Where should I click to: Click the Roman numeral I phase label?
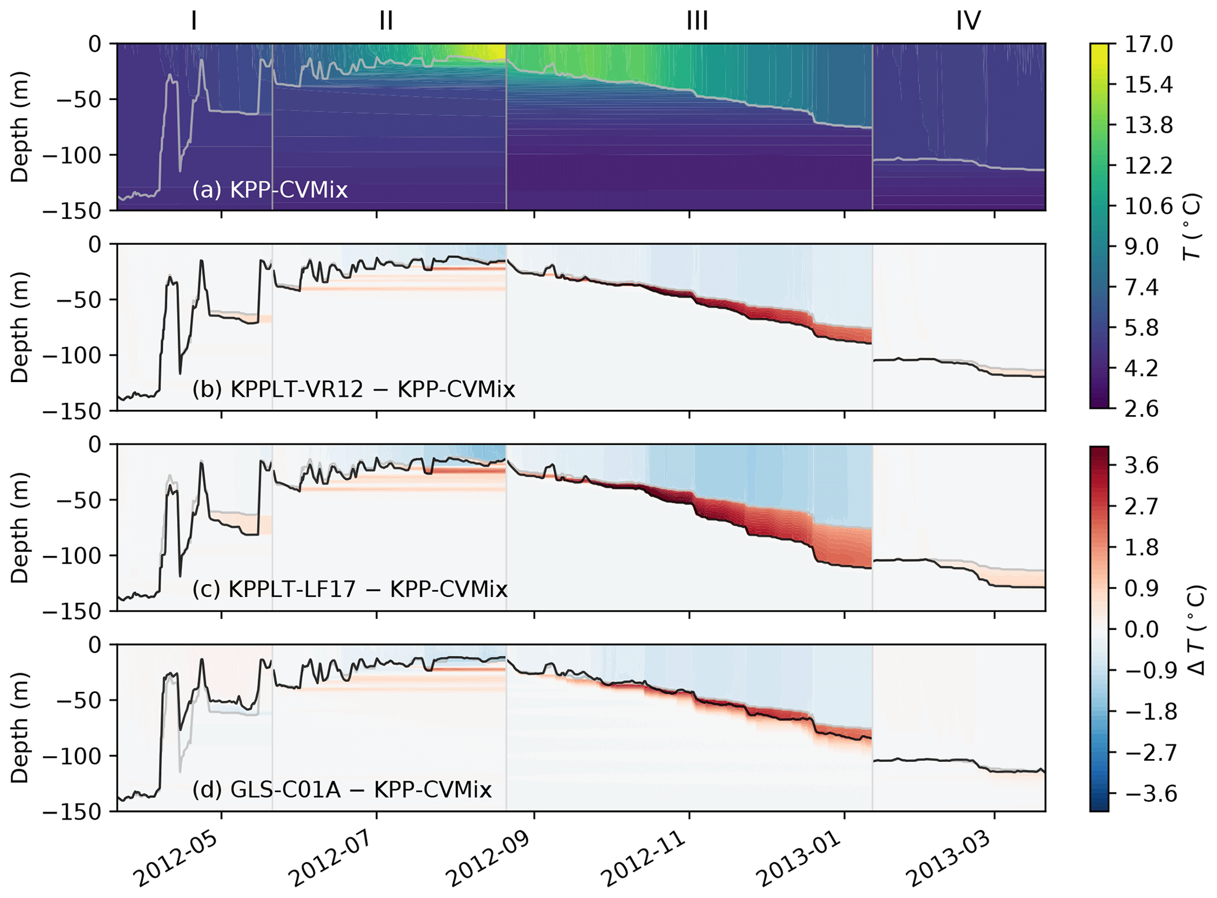point(194,21)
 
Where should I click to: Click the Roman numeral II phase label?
point(386,21)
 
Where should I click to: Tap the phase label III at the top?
point(697,21)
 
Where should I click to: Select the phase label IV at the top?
point(968,21)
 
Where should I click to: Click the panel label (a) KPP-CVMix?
point(270,190)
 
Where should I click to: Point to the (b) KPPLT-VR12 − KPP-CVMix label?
point(353,389)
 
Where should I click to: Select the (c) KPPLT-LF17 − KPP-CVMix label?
point(350,589)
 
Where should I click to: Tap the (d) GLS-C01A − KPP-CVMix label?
point(341,788)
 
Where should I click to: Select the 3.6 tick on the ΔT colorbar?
point(1142,466)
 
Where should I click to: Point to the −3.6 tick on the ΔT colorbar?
point(1138,794)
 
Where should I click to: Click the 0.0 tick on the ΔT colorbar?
point(1142,629)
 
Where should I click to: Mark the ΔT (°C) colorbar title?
point(1195,629)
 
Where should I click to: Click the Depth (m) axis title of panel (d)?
point(20,728)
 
